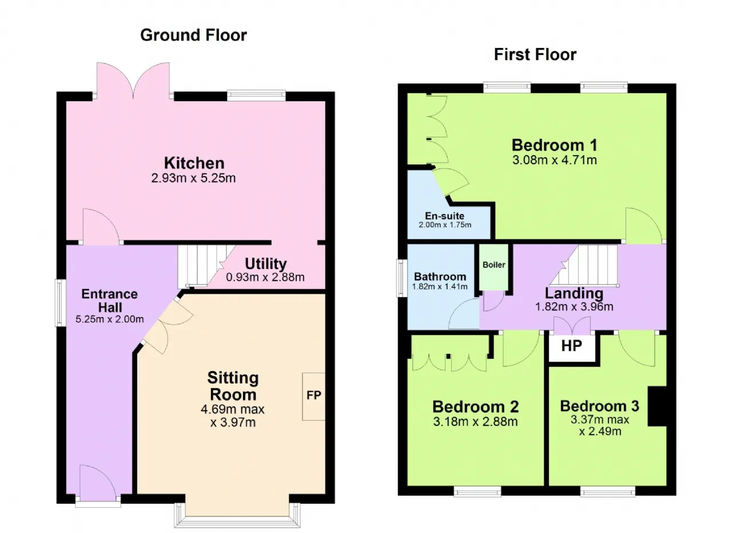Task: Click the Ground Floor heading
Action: point(193,35)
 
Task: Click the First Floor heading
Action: point(535,54)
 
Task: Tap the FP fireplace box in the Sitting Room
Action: point(313,396)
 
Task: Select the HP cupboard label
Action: point(571,346)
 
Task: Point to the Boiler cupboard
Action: point(494,267)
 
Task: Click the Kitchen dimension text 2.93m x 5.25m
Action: point(193,178)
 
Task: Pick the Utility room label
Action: point(266,263)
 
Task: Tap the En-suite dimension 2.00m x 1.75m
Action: point(445,225)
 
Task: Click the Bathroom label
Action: point(440,277)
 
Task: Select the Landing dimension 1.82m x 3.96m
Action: point(574,307)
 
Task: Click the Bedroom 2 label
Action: point(475,406)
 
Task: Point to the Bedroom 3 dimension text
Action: point(600,425)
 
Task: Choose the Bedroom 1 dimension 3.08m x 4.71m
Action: point(555,160)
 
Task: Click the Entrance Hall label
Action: point(109,301)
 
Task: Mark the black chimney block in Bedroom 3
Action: point(657,406)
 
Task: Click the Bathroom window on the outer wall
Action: point(402,278)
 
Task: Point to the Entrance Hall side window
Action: point(61,303)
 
